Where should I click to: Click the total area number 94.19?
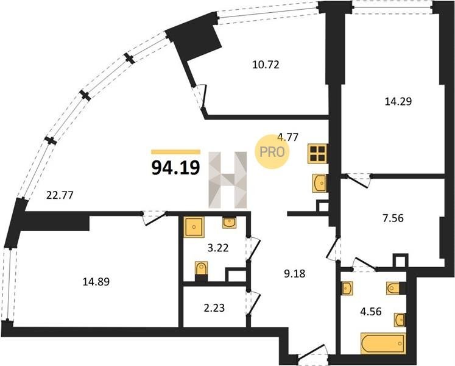point(176,168)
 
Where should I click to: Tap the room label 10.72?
point(266,65)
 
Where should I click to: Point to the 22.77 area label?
point(60,195)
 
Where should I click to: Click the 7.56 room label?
point(393,218)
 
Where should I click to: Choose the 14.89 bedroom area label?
point(96,281)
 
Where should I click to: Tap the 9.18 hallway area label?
point(295,273)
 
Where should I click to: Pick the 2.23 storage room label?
point(214,307)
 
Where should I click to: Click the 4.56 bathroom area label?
point(370,312)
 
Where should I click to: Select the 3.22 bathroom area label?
point(218,248)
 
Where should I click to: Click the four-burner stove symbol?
point(317,154)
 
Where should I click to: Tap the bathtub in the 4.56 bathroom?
point(383,343)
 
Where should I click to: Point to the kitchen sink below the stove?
point(320,183)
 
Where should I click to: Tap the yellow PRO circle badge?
point(272,151)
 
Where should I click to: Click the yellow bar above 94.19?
point(176,152)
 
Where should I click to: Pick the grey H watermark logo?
point(228,180)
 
